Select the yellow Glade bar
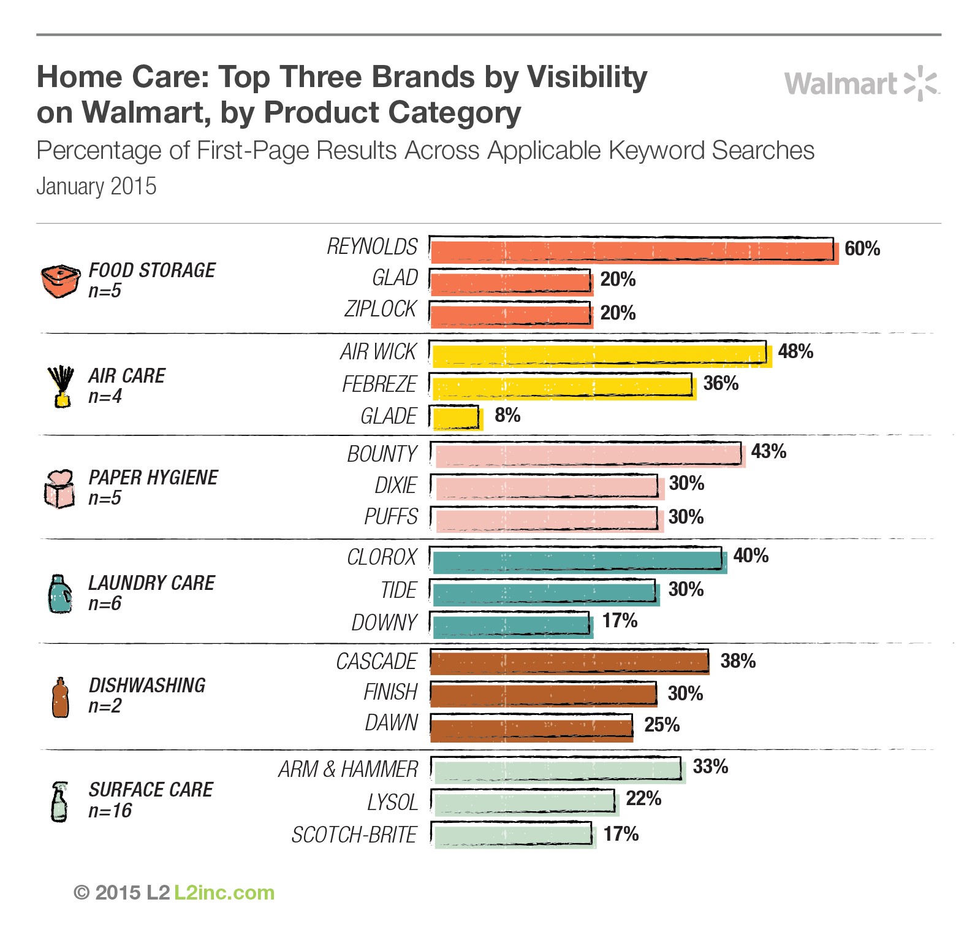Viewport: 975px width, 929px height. [x=457, y=418]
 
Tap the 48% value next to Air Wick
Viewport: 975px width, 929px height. [x=795, y=351]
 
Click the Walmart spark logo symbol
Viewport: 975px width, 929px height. [x=922, y=83]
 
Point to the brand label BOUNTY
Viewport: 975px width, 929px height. [x=382, y=454]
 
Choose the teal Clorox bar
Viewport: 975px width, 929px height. [x=578, y=560]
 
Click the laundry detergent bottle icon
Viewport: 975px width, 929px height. [x=59, y=594]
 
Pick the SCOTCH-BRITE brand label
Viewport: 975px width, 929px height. [x=354, y=835]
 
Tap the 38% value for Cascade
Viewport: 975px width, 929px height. [x=738, y=661]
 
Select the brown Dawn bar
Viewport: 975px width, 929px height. [x=531, y=728]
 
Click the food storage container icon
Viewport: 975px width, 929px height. [x=60, y=281]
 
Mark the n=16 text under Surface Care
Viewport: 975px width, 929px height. [x=110, y=811]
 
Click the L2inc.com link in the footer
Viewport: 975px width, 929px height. [x=224, y=893]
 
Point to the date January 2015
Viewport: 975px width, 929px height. [x=96, y=186]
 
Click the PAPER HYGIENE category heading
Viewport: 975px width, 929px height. [x=153, y=478]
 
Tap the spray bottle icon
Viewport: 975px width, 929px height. [x=59, y=801]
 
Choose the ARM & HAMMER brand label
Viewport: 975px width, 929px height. [x=347, y=770]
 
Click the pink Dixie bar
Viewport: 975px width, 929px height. [x=547, y=487]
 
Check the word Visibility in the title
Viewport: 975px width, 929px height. [x=586, y=77]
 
